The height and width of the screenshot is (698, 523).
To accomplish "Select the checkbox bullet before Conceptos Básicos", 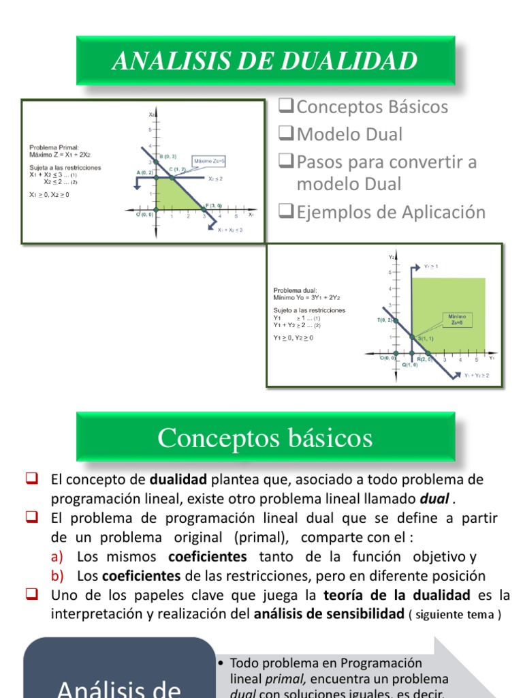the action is click(287, 107).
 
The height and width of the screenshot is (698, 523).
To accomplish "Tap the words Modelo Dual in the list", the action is click(349, 135).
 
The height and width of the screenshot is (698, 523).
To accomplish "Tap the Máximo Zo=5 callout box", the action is click(209, 161).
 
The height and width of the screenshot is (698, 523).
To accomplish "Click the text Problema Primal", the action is click(54, 147).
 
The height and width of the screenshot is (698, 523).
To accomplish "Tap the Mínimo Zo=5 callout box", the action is click(456, 320).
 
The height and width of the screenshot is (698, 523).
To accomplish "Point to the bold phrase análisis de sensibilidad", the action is click(329, 614).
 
